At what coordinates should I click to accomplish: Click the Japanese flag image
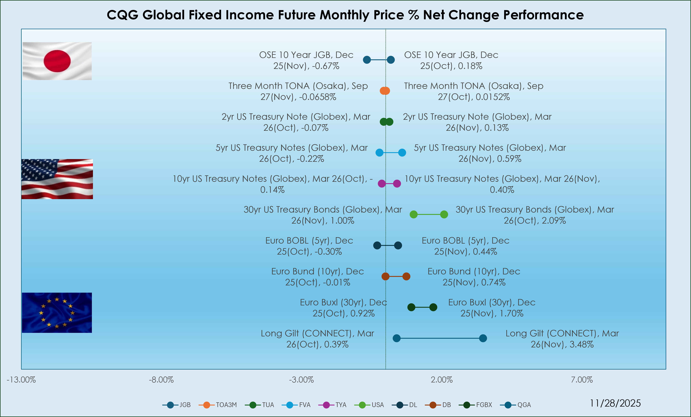[x=57, y=61]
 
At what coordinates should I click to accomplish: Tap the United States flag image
[x=57, y=179]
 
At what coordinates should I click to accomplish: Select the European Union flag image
[x=57, y=313]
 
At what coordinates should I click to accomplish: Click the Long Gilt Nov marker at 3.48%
[x=483, y=338]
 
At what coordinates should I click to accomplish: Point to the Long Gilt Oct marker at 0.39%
[x=396, y=338]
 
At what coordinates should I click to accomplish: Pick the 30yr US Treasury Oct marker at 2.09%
[x=444, y=214]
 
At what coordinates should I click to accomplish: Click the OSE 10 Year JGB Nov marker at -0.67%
[x=367, y=60]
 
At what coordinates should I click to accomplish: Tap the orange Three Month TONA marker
[x=385, y=91]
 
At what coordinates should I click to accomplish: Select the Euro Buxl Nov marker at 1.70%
[x=433, y=307]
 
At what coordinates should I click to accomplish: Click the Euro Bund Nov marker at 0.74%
[x=406, y=276]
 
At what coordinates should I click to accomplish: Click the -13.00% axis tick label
[x=21, y=380]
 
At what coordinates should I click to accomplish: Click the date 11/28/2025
[x=615, y=403]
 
